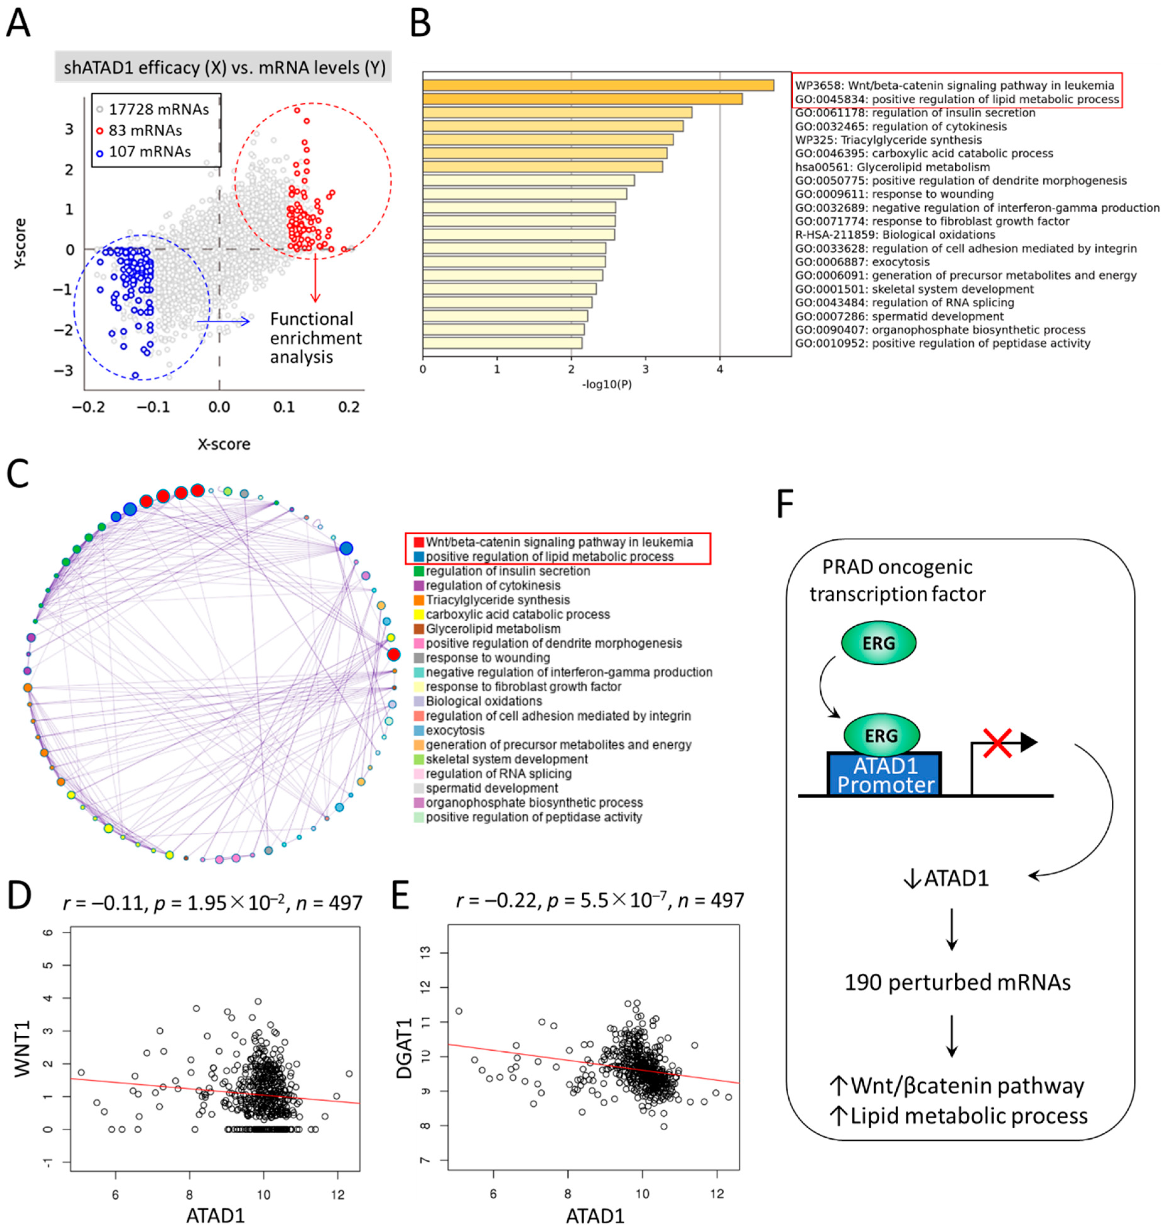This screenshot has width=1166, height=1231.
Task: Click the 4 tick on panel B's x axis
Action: pos(720,369)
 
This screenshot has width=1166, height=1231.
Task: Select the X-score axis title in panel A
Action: pos(224,444)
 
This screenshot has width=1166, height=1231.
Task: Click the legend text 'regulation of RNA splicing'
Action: pos(499,774)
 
